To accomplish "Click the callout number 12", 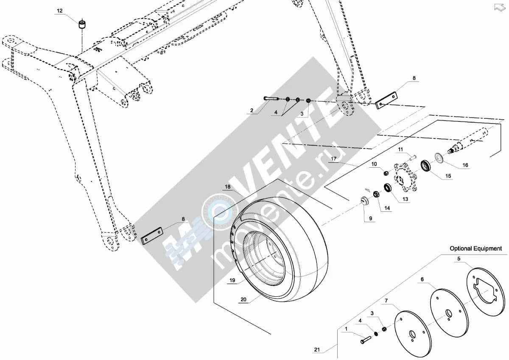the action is (59, 11).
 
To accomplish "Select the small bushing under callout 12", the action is (82, 24).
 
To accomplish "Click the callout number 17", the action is (333, 158).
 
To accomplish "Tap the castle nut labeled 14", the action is (376, 194).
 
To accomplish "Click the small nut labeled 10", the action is (386, 173).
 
